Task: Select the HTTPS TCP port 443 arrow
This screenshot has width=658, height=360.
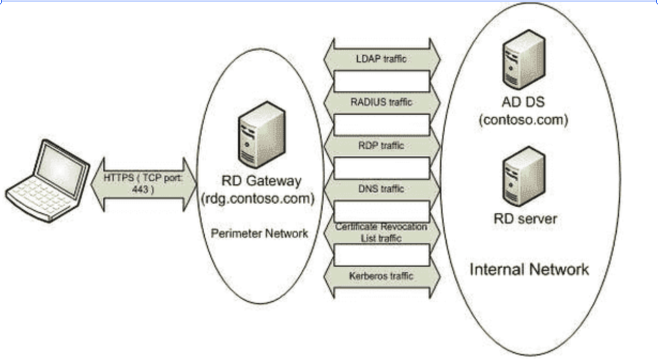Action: [x=144, y=184]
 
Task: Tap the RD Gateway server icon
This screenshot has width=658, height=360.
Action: [x=262, y=135]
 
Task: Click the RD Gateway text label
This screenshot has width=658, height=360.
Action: [x=261, y=181]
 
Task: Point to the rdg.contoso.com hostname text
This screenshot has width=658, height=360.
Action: [x=258, y=199]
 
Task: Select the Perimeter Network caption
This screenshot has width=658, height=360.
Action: [x=259, y=233]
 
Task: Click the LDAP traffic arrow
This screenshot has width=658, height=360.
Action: [x=381, y=59]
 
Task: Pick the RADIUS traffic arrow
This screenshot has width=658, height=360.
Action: [x=381, y=102]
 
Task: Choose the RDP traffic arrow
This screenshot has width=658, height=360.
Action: [x=381, y=146]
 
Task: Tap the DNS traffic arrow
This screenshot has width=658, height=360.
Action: [x=381, y=189]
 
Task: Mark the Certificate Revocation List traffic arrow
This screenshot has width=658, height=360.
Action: [x=381, y=233]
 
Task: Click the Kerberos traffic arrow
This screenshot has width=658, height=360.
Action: [x=381, y=276]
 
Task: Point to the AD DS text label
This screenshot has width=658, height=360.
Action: [x=523, y=102]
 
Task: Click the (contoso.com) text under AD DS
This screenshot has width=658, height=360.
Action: [x=523, y=120]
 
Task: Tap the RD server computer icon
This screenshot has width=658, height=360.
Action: [x=524, y=176]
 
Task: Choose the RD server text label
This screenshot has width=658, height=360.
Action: [x=525, y=219]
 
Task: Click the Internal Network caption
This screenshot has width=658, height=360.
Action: [x=529, y=269]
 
